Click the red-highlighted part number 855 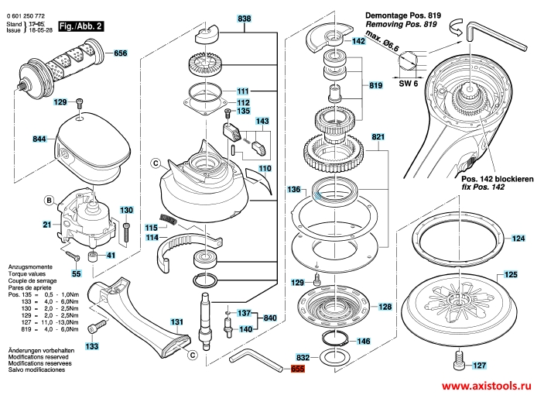pyautogui.click(x=297, y=370)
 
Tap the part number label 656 pyautogui.click(x=120, y=53)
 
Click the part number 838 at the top pyautogui.click(x=245, y=18)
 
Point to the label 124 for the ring pyautogui.click(x=518, y=238)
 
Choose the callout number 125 pyautogui.click(x=511, y=274)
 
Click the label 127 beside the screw pyautogui.click(x=481, y=366)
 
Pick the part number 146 pyautogui.click(x=363, y=341)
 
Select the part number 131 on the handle pyautogui.click(x=176, y=321)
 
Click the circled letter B pyautogui.click(x=48, y=201)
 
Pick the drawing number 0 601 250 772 pyautogui.click(x=27, y=15)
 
